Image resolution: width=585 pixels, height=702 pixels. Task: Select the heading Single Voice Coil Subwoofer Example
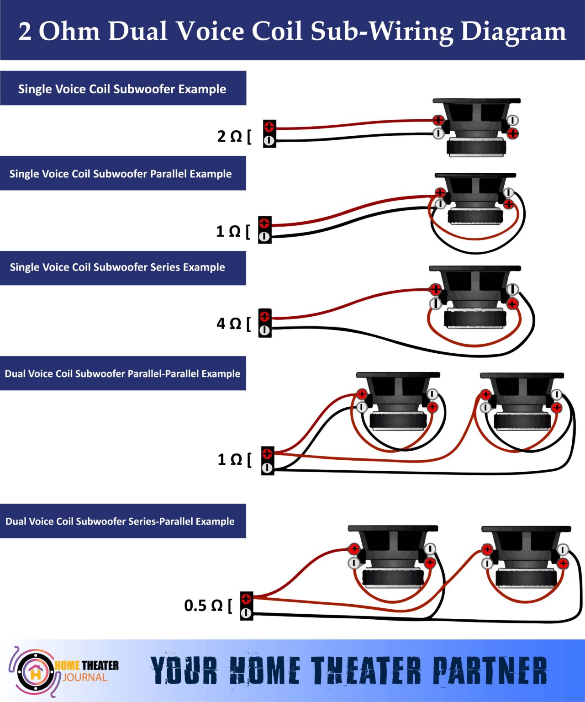click(x=122, y=89)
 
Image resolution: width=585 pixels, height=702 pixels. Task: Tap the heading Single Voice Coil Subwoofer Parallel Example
click(x=121, y=174)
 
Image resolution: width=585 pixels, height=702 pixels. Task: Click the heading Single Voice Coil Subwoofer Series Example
click(x=117, y=267)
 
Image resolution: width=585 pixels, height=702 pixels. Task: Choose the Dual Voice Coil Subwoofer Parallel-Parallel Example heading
click(x=122, y=374)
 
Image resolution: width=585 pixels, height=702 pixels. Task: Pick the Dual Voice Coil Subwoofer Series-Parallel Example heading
click(x=120, y=521)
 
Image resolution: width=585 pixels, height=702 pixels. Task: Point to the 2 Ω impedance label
click(x=230, y=136)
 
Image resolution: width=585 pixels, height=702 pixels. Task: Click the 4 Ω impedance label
click(x=229, y=324)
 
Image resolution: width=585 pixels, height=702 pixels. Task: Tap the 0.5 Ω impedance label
click(x=203, y=606)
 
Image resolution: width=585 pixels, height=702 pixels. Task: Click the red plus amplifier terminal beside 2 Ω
click(x=269, y=127)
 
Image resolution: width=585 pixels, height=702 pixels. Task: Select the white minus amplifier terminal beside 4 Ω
click(x=264, y=330)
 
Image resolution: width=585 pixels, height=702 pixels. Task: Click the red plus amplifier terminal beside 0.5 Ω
click(x=246, y=599)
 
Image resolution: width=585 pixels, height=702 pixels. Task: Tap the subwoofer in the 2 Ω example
click(x=476, y=128)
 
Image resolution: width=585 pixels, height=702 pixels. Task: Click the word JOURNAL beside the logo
click(x=85, y=677)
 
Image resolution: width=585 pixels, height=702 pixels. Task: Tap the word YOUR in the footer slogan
click(x=184, y=671)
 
